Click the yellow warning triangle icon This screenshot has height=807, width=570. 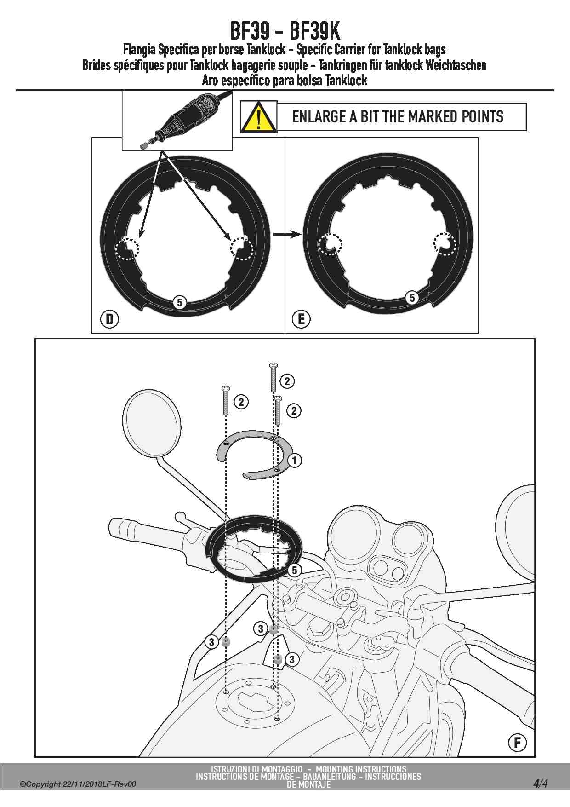point(259,118)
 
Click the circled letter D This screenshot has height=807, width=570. point(110,319)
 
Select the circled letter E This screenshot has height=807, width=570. point(302,319)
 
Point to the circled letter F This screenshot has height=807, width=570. point(517,742)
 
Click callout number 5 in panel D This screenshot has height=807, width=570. point(179,302)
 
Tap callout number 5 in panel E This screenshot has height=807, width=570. point(412,298)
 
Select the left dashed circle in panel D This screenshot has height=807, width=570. point(127,248)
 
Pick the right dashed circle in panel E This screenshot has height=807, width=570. point(445,243)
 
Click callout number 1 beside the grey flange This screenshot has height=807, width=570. point(294,460)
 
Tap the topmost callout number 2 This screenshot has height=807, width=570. point(287,381)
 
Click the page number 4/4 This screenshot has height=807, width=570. point(541,783)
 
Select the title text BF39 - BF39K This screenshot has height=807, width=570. point(285,31)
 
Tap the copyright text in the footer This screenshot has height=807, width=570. point(78,784)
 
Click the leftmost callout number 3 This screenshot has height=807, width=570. point(211,642)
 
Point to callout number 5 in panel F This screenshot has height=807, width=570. point(295,571)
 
